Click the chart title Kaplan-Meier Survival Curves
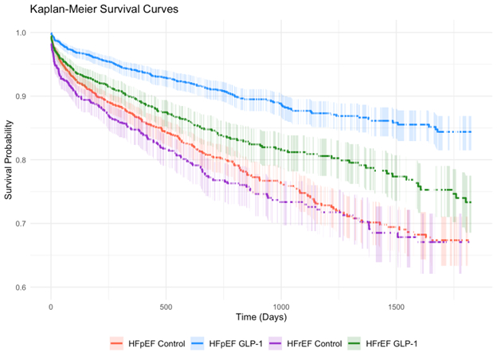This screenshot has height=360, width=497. pos(104,10)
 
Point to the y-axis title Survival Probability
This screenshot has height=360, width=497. pos(10,159)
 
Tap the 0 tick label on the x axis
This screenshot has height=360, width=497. pos(51,305)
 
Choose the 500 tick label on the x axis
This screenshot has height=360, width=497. pos(166,305)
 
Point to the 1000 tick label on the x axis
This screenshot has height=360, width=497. pos(281,305)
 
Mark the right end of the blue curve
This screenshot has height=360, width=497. pos(471,132)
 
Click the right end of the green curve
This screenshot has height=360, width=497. pos(471,202)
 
